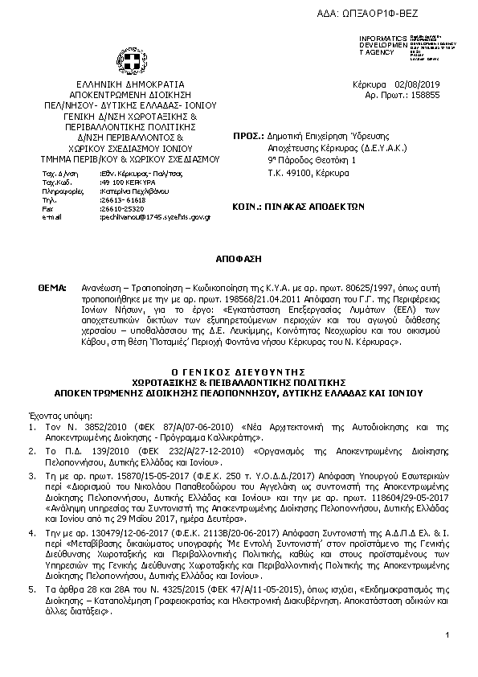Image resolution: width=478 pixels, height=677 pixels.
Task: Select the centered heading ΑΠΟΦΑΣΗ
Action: pos(239,261)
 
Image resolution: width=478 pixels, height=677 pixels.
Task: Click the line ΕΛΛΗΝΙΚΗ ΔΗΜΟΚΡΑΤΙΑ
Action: pos(130,84)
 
